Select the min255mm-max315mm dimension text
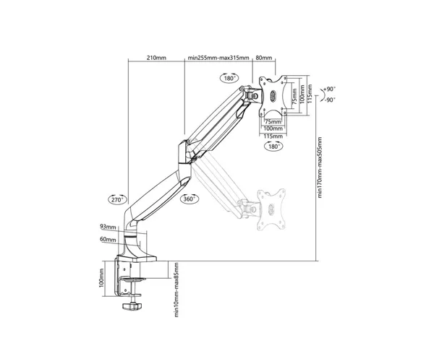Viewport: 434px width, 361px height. (x=218, y=58)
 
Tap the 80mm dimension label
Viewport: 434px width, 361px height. (x=264, y=58)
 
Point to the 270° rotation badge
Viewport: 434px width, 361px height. (x=117, y=199)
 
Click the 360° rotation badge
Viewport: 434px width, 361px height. (x=190, y=199)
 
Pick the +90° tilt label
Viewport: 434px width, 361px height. (x=329, y=89)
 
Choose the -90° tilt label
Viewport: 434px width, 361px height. (x=330, y=100)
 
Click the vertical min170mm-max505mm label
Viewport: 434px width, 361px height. (x=320, y=168)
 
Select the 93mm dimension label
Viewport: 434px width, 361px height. (x=108, y=227)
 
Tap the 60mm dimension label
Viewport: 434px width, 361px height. (x=108, y=239)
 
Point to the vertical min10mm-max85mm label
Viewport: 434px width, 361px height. (x=176, y=290)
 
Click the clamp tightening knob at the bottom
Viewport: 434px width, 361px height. (x=132, y=306)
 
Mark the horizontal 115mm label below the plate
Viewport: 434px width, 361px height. (x=273, y=136)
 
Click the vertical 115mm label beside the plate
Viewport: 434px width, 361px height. (x=310, y=94)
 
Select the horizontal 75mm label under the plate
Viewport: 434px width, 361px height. (x=273, y=121)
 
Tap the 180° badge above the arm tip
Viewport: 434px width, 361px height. (x=229, y=78)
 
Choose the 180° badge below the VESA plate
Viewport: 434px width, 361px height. (x=274, y=146)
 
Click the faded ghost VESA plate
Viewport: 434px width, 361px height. (x=271, y=209)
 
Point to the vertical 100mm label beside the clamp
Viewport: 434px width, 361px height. (x=101, y=278)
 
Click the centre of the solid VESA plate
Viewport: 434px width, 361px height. (x=273, y=96)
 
